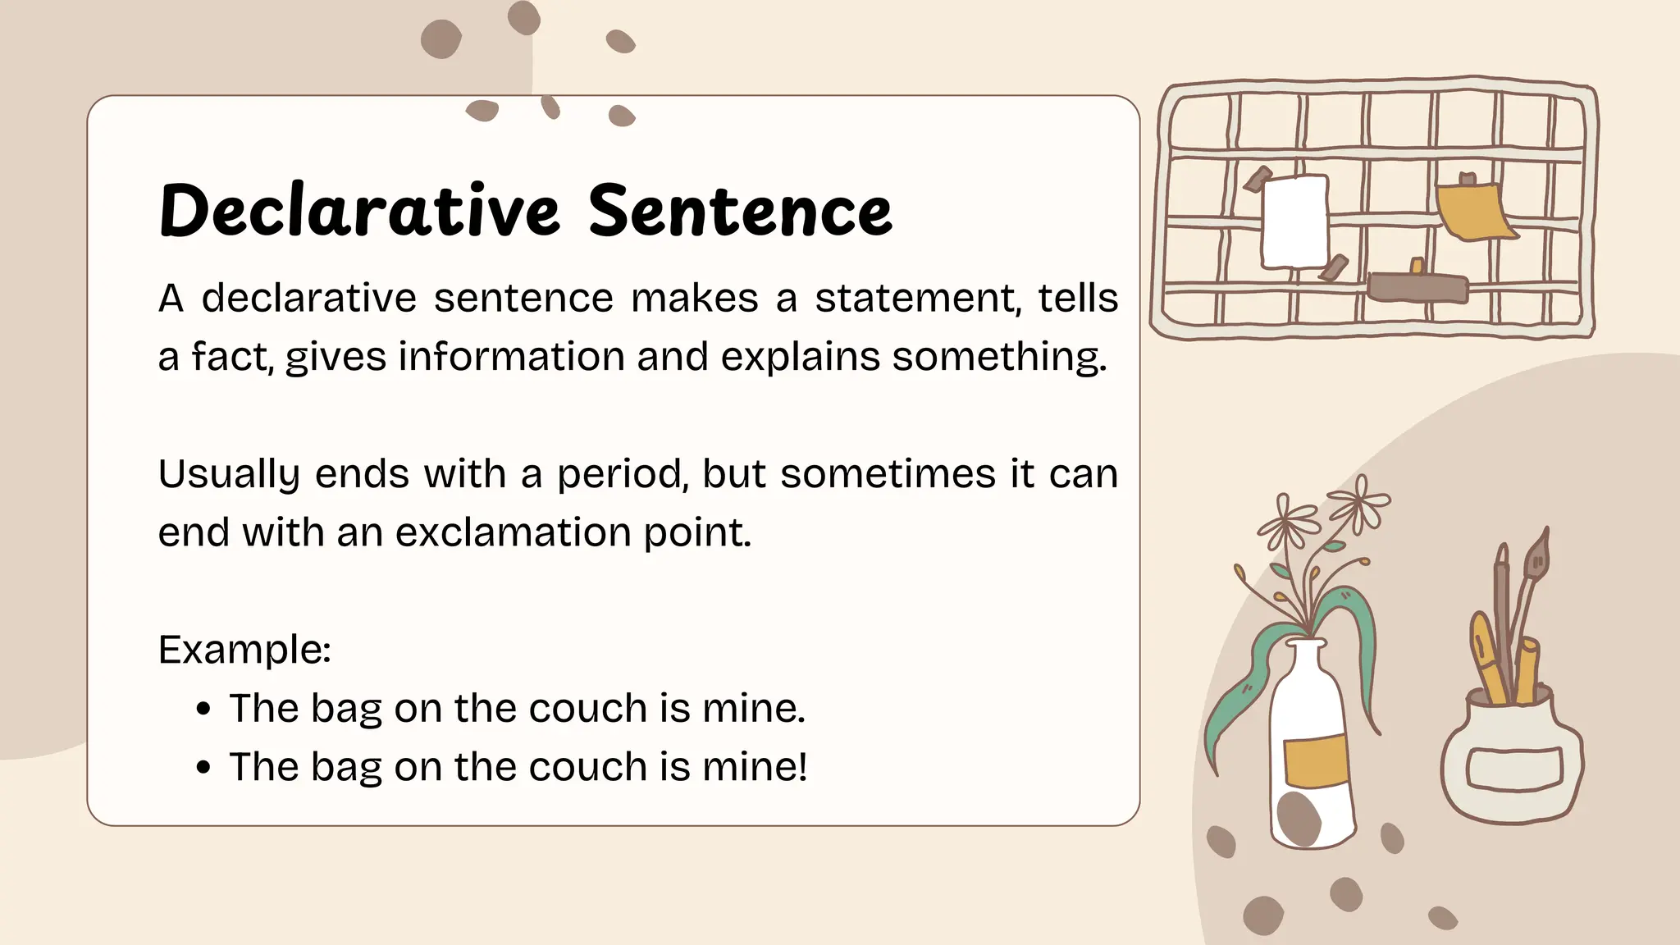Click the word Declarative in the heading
[x=359, y=211]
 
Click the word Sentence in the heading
[x=740, y=211]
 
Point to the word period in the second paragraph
[x=622, y=475]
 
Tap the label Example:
[x=244, y=650]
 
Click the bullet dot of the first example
[x=204, y=709]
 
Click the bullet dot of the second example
[x=204, y=768]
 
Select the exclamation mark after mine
[x=802, y=766]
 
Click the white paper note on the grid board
[x=1294, y=221]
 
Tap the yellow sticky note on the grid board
[x=1472, y=212]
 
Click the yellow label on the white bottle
[x=1316, y=760]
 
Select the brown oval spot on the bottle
[x=1299, y=818]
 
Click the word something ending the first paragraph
[x=998, y=358]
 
